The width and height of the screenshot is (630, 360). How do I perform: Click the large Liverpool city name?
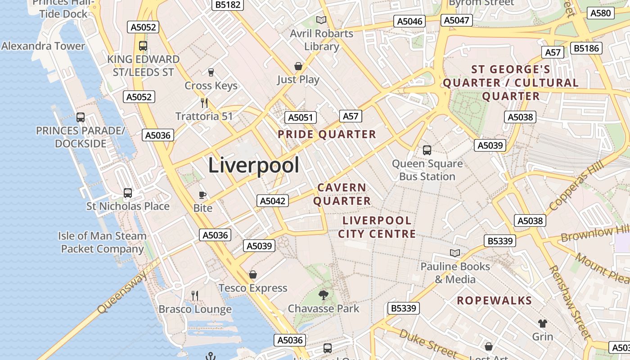click(x=253, y=166)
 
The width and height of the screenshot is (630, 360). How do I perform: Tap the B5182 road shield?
click(x=228, y=4)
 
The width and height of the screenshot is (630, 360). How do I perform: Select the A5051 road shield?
click(x=300, y=117)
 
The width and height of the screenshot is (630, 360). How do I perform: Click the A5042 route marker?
click(x=273, y=201)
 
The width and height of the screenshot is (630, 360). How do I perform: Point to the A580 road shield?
click(x=601, y=13)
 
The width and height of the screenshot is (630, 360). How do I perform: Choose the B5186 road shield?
click(x=586, y=48)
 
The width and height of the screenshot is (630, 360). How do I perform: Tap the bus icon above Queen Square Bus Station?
click(x=427, y=150)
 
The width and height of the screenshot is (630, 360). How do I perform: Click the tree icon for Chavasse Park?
click(x=323, y=295)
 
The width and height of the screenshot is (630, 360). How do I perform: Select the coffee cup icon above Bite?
click(x=202, y=195)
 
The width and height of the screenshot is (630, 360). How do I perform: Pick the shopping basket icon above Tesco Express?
click(x=253, y=274)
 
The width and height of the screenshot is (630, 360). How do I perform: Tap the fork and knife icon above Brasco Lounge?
click(x=195, y=296)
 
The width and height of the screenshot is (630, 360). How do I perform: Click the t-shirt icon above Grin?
click(x=543, y=323)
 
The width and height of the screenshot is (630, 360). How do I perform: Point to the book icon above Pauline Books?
click(x=455, y=253)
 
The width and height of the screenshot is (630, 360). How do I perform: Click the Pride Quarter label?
click(x=327, y=134)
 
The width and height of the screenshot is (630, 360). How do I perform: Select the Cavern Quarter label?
click(x=342, y=194)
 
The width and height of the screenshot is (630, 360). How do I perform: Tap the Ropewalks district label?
click(x=495, y=301)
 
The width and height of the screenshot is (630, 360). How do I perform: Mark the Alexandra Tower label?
click(x=43, y=46)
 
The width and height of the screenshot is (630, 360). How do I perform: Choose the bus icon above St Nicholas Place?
click(x=128, y=193)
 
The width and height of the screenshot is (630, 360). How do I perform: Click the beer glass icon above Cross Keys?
click(x=211, y=72)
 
